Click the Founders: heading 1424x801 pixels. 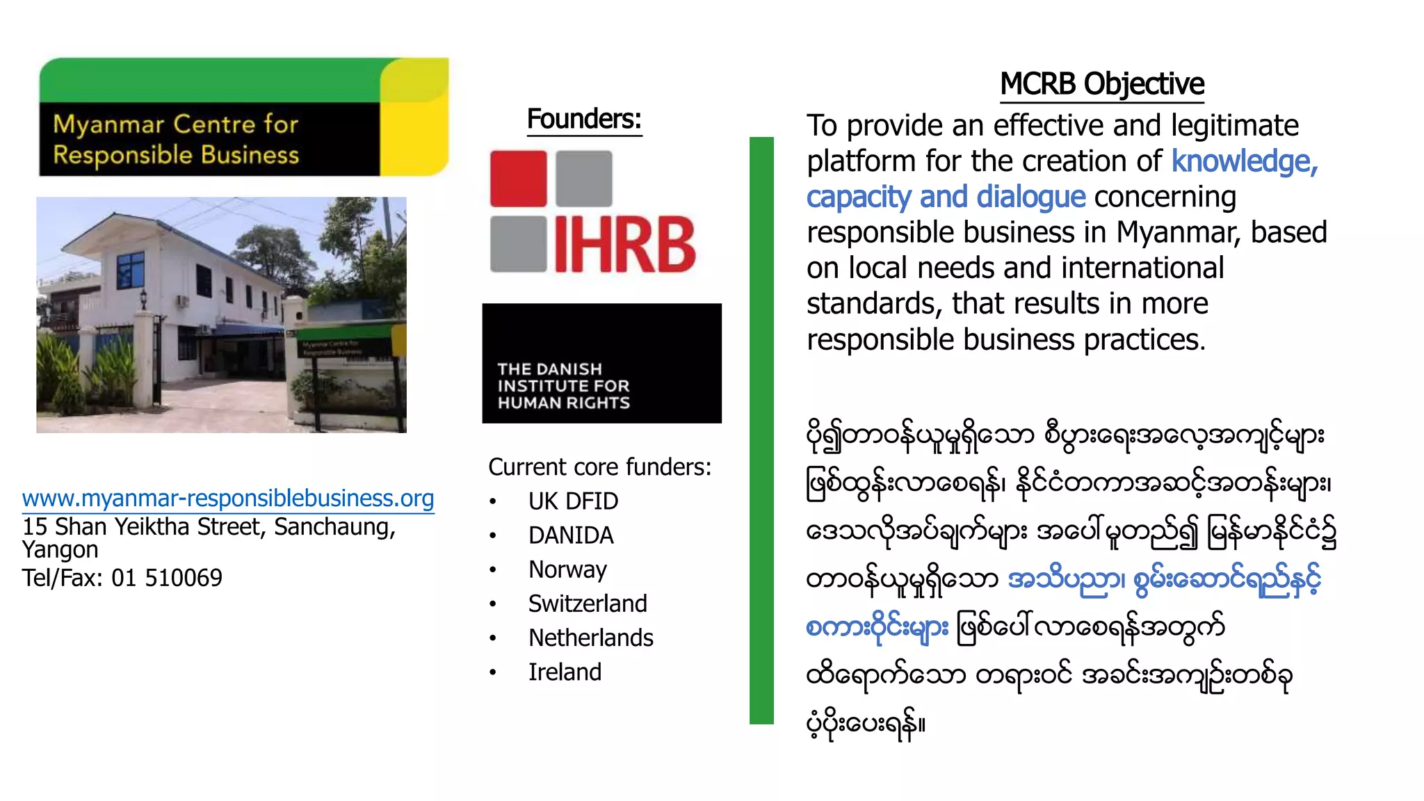584,119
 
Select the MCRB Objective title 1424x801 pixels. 1101,84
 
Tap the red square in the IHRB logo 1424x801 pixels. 518,179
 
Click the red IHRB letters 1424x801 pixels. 624,245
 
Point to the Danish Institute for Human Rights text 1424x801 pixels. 563,386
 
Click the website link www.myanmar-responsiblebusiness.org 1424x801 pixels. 228,498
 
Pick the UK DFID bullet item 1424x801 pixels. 573,501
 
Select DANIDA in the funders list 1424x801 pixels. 571,535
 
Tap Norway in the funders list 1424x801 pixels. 567,569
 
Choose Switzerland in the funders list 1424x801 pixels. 588,604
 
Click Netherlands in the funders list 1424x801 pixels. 590,638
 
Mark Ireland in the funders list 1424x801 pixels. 565,672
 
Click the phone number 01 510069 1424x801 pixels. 167,578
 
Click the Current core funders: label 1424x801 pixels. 599,467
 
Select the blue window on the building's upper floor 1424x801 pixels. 130,269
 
